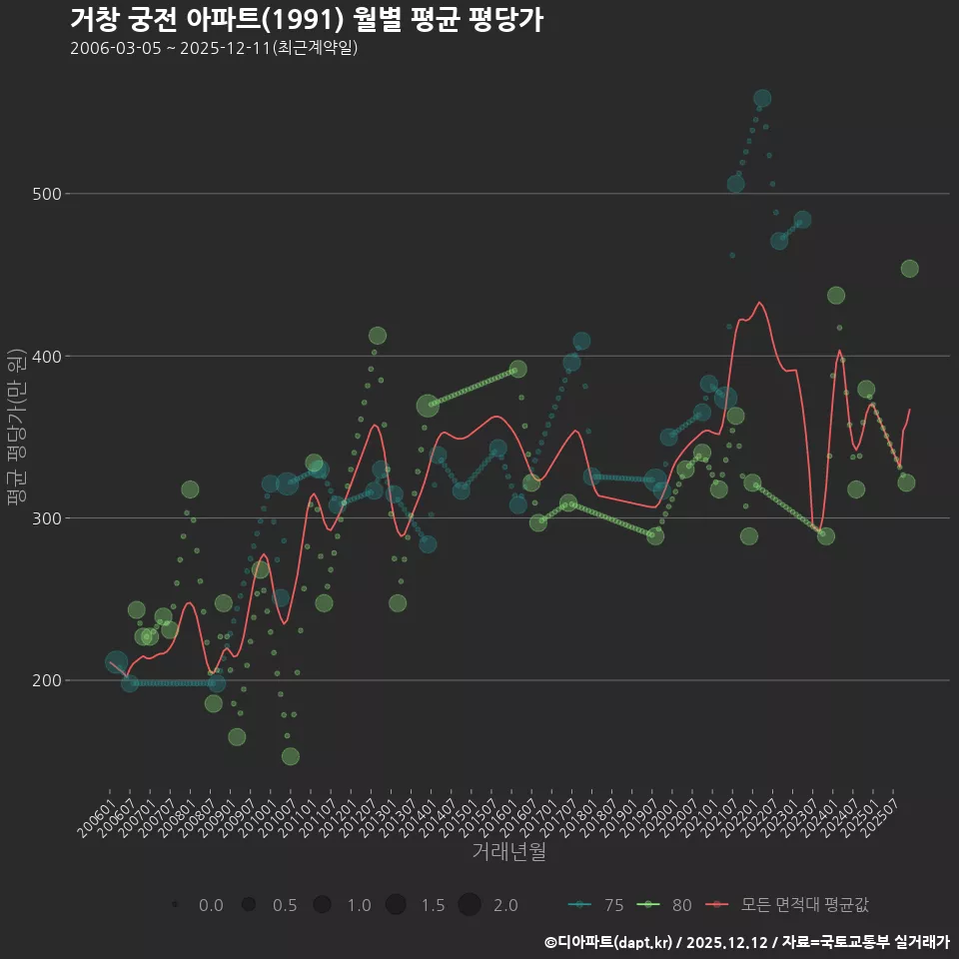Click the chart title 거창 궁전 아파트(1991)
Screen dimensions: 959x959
coord(306,19)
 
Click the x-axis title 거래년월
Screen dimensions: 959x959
coord(508,852)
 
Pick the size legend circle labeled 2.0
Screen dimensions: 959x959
coord(471,905)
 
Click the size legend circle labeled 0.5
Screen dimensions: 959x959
coord(249,905)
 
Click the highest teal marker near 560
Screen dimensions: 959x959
coord(762,99)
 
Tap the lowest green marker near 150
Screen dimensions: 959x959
coord(290,756)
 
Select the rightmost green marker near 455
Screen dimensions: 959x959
coord(909,269)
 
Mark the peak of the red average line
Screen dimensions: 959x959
coord(759,302)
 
